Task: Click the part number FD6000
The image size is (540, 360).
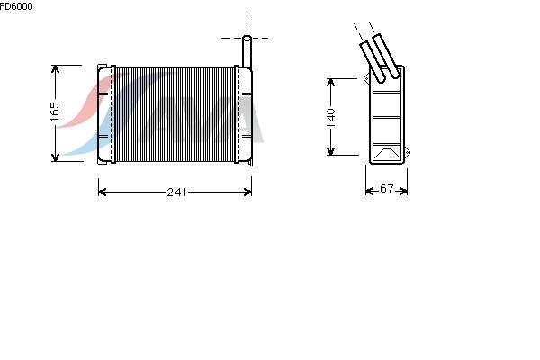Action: (x=16, y=6)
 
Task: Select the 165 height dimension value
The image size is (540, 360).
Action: (x=55, y=112)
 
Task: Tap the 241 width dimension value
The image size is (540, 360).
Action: (x=177, y=192)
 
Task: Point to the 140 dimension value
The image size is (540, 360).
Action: (x=330, y=118)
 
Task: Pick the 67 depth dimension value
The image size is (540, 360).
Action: (x=386, y=188)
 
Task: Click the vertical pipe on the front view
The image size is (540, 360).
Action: (x=247, y=51)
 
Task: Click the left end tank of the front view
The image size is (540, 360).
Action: (x=105, y=114)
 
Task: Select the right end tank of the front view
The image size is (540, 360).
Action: (x=245, y=114)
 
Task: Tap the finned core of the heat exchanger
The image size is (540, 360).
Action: (x=175, y=114)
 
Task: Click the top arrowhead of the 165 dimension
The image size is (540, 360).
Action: (x=55, y=69)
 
